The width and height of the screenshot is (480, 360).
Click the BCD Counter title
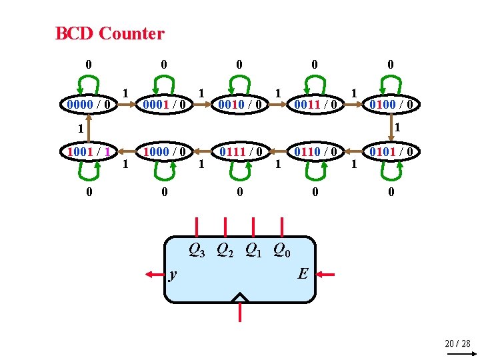point(109,33)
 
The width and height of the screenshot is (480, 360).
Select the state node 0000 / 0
point(89,104)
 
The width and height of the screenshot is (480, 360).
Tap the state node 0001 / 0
point(164,104)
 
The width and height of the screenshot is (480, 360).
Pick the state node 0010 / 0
point(239,104)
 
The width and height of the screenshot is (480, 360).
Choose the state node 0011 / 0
point(315,104)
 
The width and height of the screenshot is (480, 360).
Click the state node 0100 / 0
point(391,104)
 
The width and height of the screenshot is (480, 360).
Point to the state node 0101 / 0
point(391,151)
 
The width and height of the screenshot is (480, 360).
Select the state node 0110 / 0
point(315,151)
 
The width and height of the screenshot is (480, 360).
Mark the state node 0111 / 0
point(239,151)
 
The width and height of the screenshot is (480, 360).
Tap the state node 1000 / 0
point(164,151)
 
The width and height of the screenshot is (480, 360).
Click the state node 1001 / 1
point(89,151)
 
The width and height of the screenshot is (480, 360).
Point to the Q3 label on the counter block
point(197,251)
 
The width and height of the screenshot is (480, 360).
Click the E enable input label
point(303,273)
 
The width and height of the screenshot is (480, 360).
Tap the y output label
point(173,273)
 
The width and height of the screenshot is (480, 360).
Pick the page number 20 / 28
point(457,343)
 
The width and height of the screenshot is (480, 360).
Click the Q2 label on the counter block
point(225,251)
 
